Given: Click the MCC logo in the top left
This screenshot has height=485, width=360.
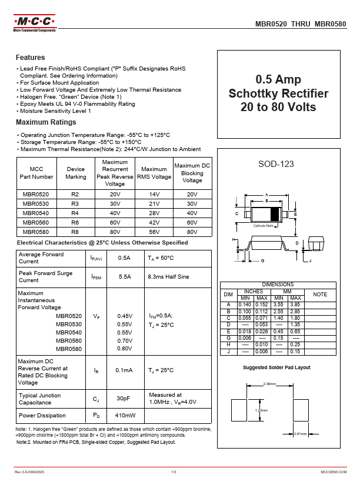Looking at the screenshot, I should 34,24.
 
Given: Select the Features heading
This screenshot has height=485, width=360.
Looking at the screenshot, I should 30,58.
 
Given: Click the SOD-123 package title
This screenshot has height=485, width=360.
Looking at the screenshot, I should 276,164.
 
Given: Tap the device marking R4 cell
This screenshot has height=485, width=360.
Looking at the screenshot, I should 75,213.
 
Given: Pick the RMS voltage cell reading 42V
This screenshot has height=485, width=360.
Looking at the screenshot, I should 154,223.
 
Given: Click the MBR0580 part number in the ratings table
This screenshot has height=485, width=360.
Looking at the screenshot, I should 36,232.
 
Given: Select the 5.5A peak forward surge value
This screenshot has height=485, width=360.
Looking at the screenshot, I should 125,276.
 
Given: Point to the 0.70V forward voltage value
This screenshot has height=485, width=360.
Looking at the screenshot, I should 125,340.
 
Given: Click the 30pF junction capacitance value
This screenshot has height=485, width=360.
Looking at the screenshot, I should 124,399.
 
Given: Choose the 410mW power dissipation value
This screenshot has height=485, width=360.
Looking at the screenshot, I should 125,416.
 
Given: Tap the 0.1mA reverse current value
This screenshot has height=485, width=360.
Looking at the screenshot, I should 124,370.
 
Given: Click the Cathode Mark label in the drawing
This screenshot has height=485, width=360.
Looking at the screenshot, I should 263,226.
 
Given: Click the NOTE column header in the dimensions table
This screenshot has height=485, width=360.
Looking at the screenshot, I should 320,294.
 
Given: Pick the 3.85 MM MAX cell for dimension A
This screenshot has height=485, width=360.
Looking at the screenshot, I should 295,305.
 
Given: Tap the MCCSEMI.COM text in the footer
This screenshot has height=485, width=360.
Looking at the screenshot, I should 334,472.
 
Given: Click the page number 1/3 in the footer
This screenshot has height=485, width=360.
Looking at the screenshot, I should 174,472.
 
